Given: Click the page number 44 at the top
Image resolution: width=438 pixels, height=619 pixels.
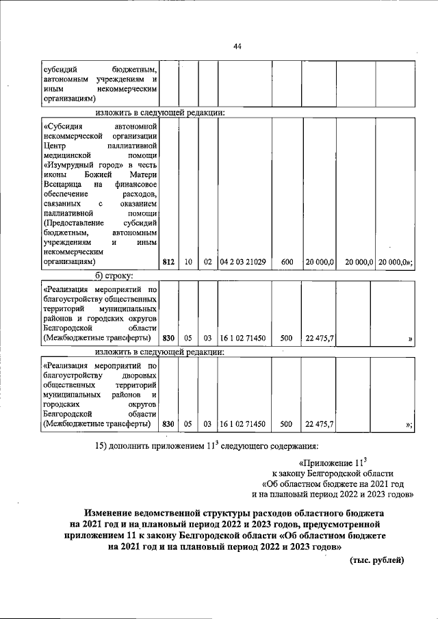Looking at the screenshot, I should coord(237,47).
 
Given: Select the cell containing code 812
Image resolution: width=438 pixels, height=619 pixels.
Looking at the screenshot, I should coord(168,261).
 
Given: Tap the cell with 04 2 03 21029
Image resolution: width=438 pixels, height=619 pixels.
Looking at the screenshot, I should coord(243,261).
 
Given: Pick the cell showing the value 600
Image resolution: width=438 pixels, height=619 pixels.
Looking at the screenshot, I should coord(287,261).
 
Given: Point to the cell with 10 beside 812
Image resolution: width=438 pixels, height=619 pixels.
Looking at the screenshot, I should coord(188,261).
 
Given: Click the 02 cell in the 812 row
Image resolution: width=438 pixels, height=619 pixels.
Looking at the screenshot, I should coord(207,261).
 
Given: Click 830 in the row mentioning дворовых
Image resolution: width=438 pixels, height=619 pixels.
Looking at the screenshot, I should coord(168,424).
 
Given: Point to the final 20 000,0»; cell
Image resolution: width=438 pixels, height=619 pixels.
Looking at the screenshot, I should coord(395,261).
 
